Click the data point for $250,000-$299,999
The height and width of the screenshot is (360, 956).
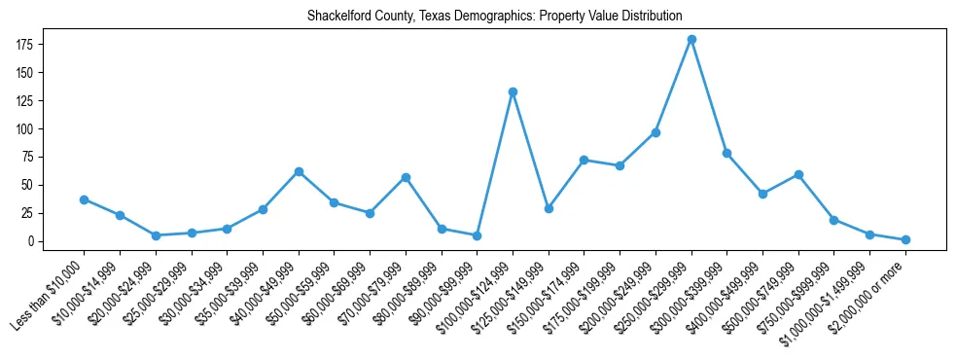point(691,40)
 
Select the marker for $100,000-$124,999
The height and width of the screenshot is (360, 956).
point(513,92)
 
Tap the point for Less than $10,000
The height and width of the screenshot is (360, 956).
point(84,199)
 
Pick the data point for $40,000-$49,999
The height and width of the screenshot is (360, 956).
point(299,171)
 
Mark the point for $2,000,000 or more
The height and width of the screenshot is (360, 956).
point(905,239)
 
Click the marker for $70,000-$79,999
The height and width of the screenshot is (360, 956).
point(406,177)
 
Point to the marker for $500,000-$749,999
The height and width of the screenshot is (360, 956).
point(798,175)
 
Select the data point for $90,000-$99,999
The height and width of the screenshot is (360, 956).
point(477,235)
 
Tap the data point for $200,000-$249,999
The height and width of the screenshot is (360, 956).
point(655,132)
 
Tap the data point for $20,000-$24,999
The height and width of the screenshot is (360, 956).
point(156,235)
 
